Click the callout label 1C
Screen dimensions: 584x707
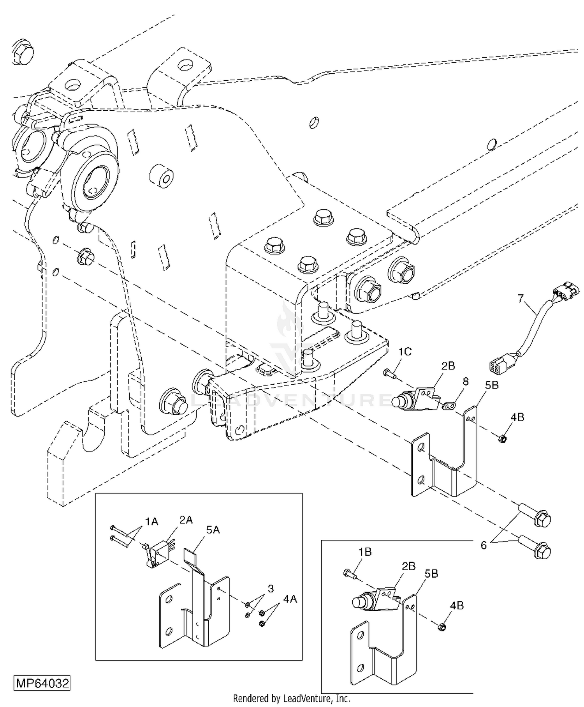point(405,352)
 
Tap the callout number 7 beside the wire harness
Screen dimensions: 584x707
point(521,299)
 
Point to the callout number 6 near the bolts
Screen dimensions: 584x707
point(484,545)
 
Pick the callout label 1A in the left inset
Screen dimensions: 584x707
point(152,521)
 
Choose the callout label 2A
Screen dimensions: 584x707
point(186,520)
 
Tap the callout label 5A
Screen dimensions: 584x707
point(213,530)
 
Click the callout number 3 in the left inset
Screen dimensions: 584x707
point(271,588)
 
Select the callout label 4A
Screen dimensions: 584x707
point(289,599)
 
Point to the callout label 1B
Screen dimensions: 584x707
point(365,552)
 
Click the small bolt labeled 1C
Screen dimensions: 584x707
point(389,374)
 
